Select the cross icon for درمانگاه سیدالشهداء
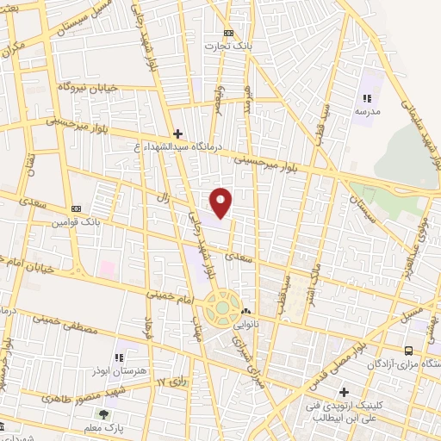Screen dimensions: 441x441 coord(177,134)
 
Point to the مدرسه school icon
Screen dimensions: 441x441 coord(367,98)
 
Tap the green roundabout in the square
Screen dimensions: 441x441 coord(222,307)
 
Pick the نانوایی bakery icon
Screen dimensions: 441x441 coord(247,311)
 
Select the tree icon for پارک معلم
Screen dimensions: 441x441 coord(104,414)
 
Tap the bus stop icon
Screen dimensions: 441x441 coord(408,351)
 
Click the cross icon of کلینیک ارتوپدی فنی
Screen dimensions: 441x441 coord(343,392)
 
